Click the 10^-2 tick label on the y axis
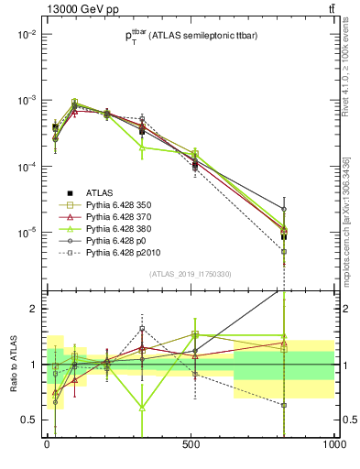point(27,34)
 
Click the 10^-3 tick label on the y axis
point(27,100)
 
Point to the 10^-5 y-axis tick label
point(27,233)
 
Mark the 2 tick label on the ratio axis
point(34,309)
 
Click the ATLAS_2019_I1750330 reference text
point(191,274)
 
